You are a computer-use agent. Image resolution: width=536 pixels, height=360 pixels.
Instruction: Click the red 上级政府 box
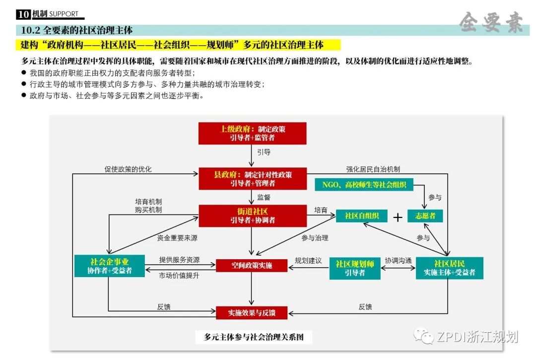coord(253,133)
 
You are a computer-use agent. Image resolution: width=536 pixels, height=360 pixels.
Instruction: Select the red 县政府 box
coord(253,179)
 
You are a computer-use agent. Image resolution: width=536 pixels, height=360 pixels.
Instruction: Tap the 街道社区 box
coord(253,216)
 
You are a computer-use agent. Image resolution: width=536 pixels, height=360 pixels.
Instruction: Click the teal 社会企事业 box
coord(109,266)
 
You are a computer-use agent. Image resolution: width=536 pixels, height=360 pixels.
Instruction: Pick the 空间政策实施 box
coord(252,266)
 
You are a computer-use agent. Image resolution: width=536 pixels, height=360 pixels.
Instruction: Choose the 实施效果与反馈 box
coord(252,313)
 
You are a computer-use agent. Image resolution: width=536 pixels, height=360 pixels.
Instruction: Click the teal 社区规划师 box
coord(355,268)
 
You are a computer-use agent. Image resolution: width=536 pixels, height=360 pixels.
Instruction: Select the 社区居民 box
coord(449,268)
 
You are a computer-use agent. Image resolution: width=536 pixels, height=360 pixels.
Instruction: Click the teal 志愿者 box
coord(425,216)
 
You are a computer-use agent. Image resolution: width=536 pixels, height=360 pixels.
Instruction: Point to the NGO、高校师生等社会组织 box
coord(364,185)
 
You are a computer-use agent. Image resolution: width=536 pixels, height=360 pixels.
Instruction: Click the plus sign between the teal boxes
coord(398,217)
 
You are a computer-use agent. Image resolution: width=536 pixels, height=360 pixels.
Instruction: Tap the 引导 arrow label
coord(264,152)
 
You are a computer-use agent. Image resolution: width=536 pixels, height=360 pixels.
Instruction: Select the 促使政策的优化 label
coord(128,169)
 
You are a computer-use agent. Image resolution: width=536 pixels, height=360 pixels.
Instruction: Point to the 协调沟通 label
coord(398,261)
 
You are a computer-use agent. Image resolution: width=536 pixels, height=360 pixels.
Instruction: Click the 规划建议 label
coord(308,261)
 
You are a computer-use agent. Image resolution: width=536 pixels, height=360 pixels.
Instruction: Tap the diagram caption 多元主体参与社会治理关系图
coord(254,337)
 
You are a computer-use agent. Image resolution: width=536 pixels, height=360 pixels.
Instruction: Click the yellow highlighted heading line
coord(179,45)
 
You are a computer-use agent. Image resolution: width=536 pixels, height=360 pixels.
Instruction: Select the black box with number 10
coord(23,14)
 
